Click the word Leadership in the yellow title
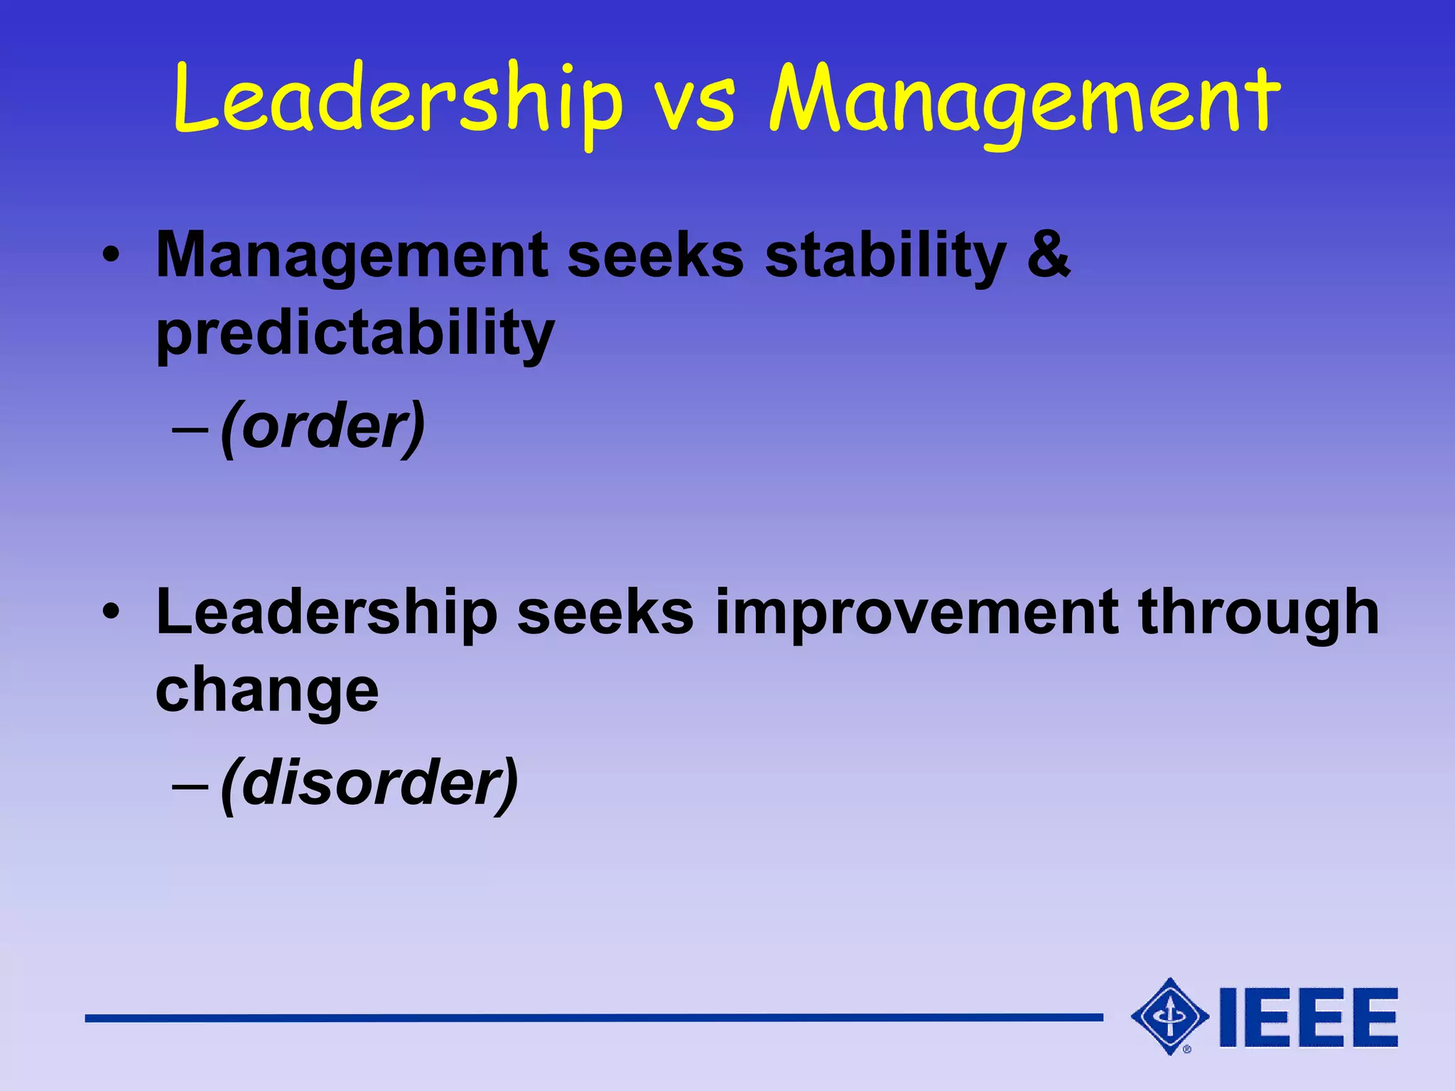click(x=398, y=99)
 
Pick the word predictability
click(x=355, y=334)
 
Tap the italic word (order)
click(x=323, y=428)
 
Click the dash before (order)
click(x=190, y=430)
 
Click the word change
click(x=267, y=690)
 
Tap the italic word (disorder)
click(x=369, y=784)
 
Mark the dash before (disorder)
click(x=190, y=786)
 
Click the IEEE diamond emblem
click(x=1169, y=1016)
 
